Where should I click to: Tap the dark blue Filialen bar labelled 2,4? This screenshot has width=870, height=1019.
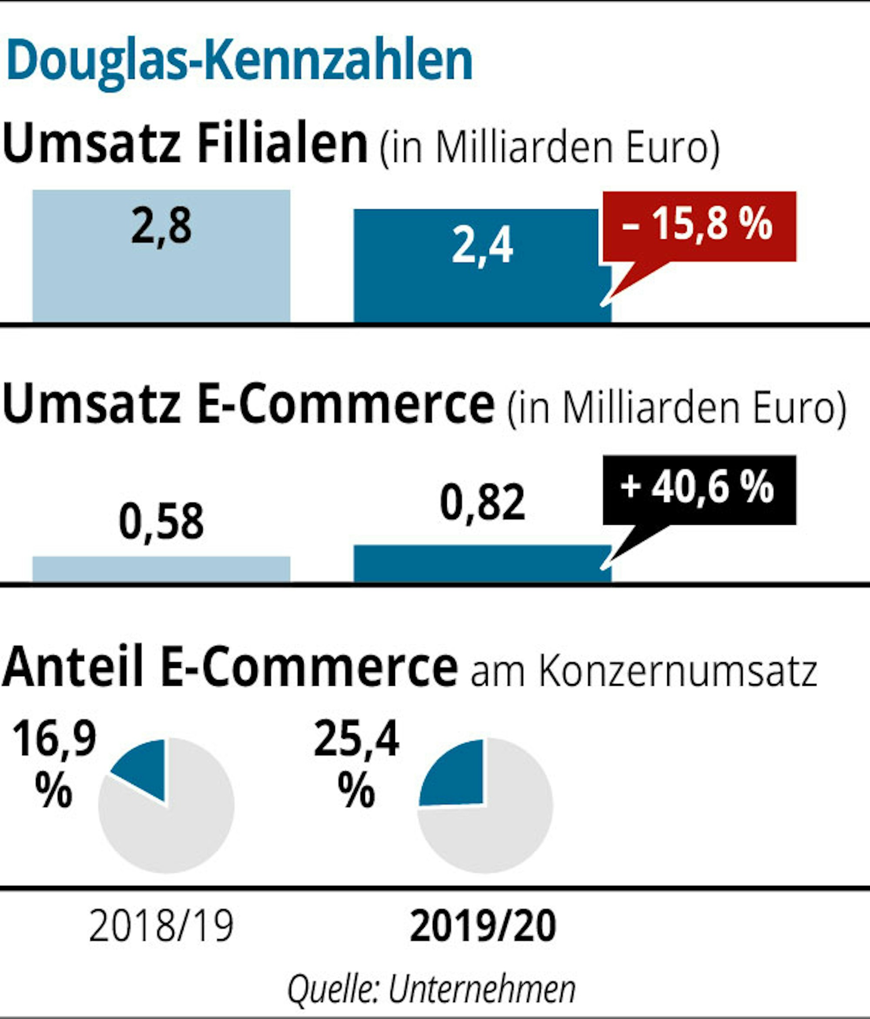(482, 290)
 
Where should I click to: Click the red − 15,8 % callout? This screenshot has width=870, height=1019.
(699, 226)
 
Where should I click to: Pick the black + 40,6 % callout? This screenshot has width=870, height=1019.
(699, 489)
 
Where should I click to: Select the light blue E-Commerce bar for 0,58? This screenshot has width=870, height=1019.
(161, 569)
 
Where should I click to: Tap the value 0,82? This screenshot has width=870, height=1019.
(482, 503)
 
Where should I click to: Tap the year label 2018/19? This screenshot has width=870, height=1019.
(161, 926)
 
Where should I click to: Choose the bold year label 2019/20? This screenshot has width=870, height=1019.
(482, 926)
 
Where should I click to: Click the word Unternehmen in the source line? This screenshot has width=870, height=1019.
(482, 989)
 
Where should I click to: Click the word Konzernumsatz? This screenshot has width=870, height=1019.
(678, 672)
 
